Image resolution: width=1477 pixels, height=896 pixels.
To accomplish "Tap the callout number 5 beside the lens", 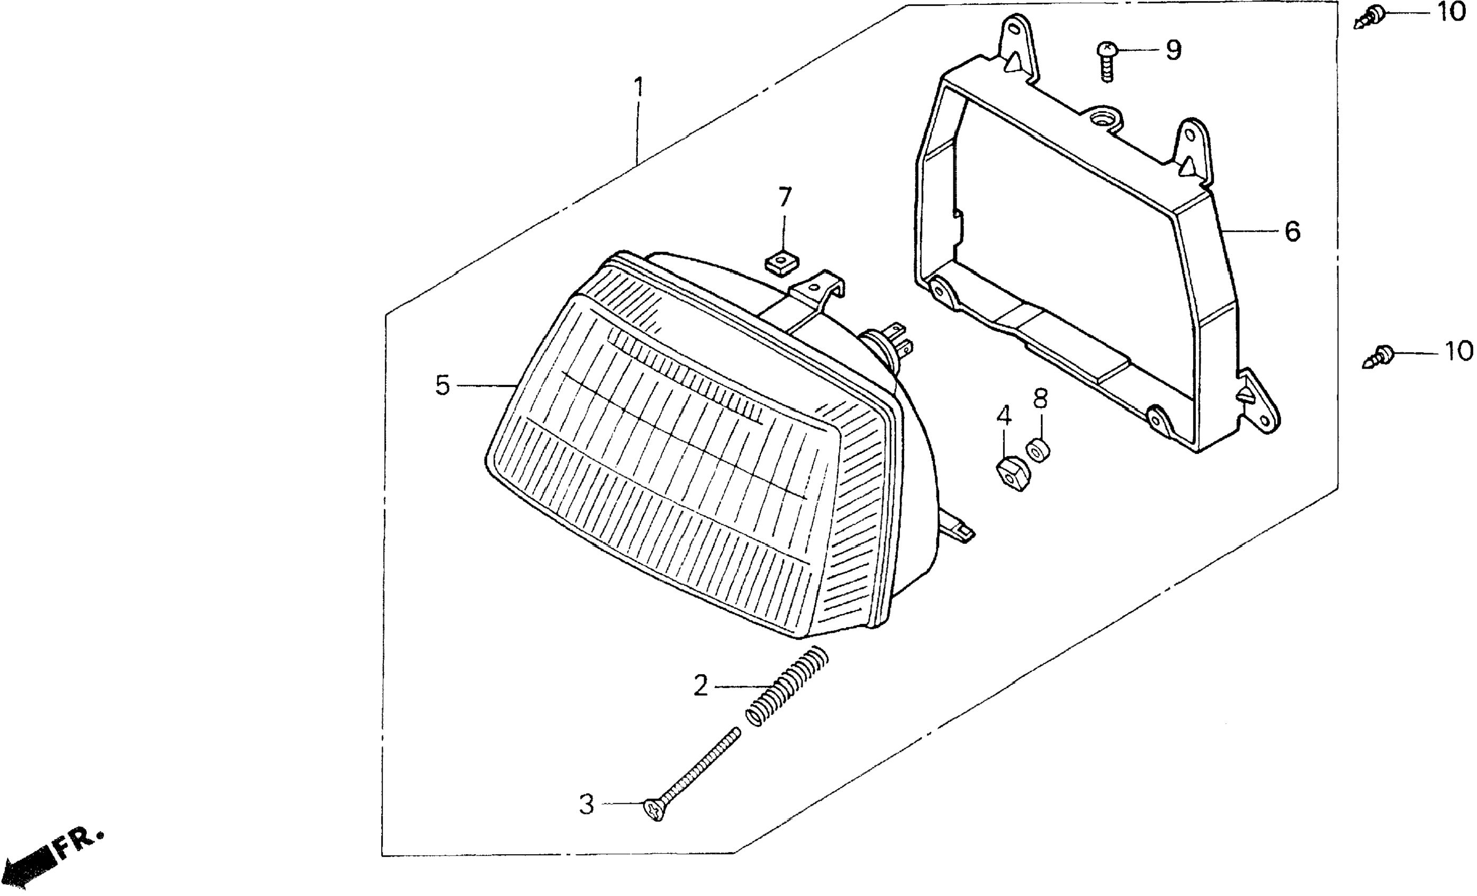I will (443, 386).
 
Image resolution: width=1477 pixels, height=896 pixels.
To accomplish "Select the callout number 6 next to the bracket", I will (1292, 231).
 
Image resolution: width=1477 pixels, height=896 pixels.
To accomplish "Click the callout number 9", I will (1173, 50).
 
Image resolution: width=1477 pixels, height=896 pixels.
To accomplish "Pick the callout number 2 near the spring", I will (701, 685).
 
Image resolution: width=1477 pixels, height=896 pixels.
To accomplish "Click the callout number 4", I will (1004, 416).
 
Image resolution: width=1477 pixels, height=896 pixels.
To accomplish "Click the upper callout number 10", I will (1452, 12).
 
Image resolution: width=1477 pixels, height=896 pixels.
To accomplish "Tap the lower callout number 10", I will (1458, 352).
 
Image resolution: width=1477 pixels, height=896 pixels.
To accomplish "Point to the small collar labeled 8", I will (1038, 451).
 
